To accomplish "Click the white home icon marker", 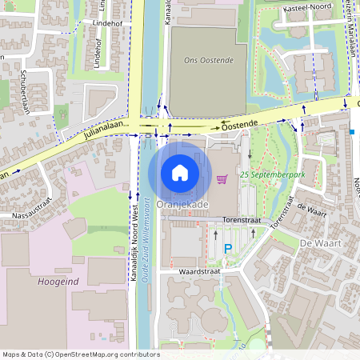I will point(180,172).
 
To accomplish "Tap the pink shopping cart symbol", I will point(222,178).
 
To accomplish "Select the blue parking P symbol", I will point(228,249).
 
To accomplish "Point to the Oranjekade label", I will point(182,205).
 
